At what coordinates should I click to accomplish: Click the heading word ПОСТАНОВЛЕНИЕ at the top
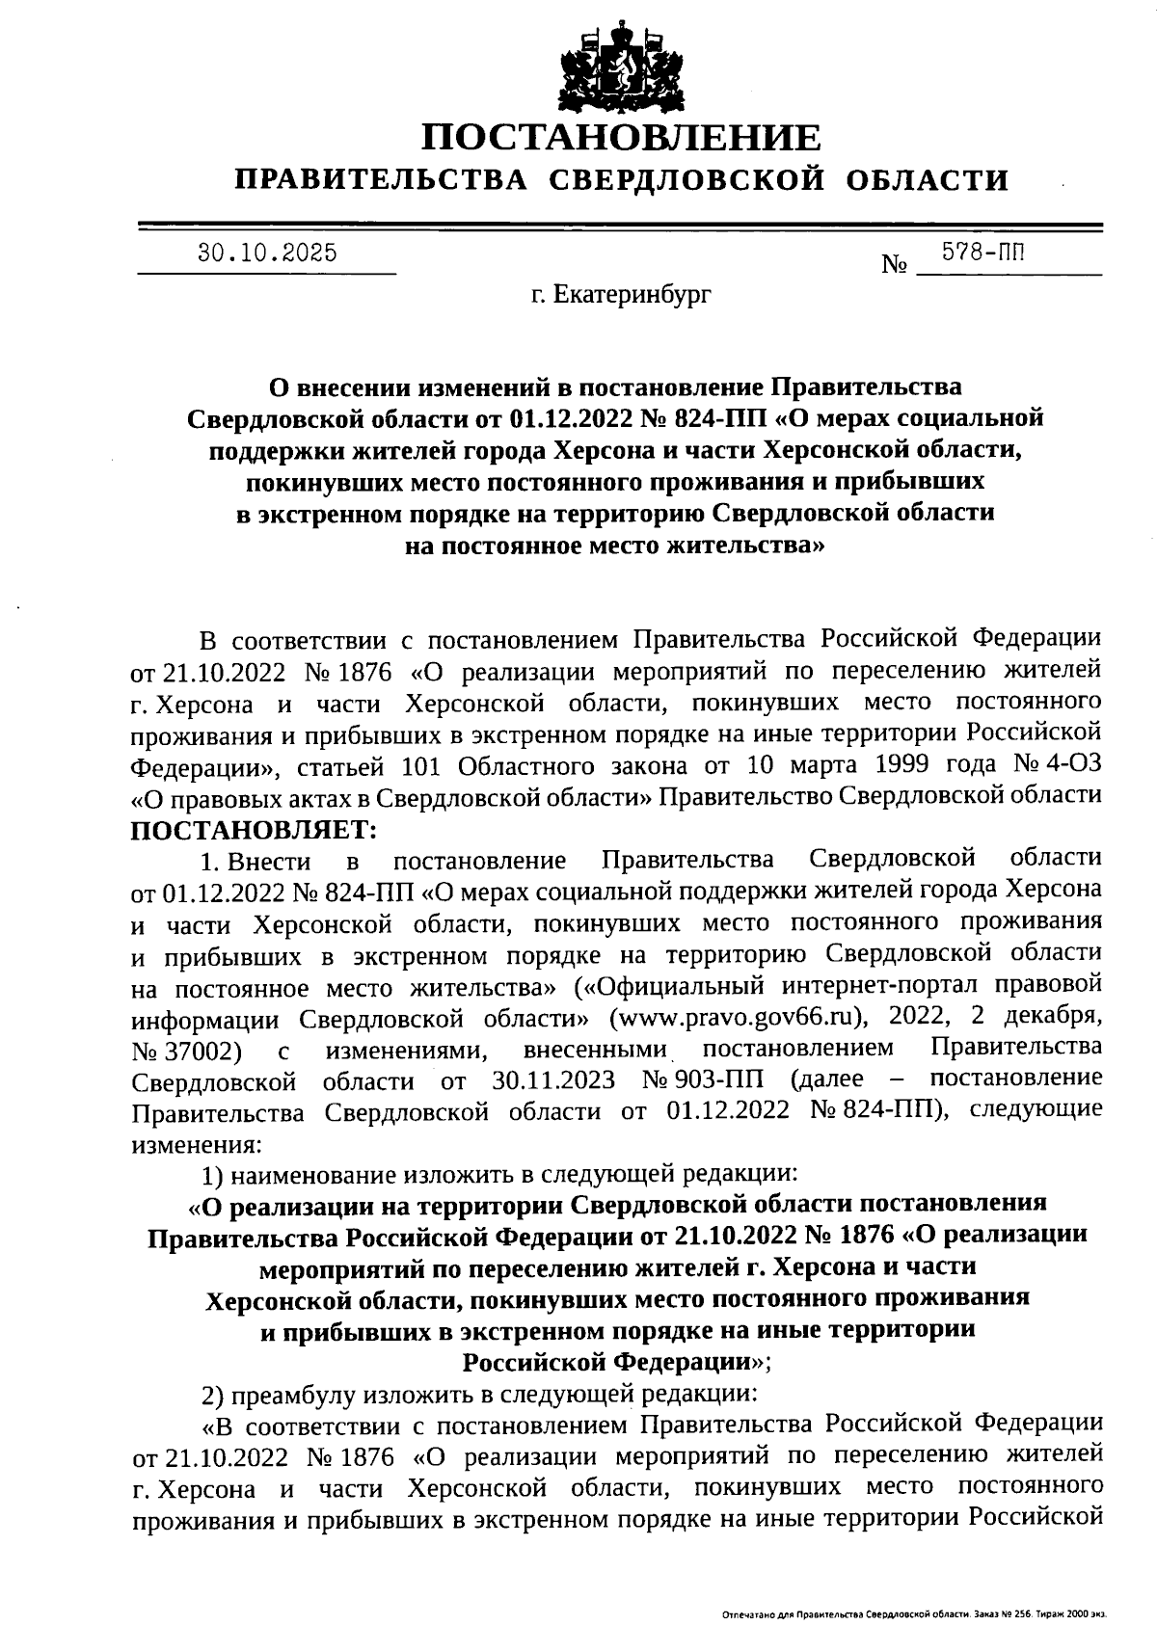pos(622,138)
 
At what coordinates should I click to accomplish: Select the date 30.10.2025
pos(267,253)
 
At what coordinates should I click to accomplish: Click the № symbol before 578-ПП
pos(894,265)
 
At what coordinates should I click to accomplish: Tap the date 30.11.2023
pos(552,1079)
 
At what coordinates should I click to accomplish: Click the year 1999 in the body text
pos(901,765)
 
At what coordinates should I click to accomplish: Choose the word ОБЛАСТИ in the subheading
pos(928,180)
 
